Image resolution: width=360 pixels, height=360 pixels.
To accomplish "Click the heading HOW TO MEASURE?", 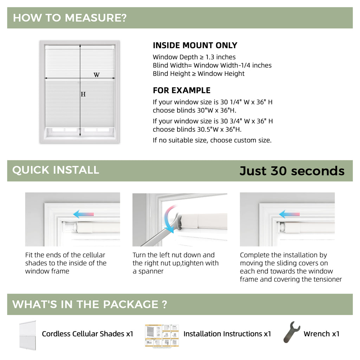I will [x=70, y=18].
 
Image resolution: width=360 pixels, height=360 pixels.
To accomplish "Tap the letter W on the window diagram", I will [x=96, y=75].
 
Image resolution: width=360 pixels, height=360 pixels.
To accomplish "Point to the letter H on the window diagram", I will [x=83, y=94].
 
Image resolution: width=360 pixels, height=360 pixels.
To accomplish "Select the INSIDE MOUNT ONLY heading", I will [x=195, y=45].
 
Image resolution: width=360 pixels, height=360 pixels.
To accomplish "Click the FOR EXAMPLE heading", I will [x=181, y=90].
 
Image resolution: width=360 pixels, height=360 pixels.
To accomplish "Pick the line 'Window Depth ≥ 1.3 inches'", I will [x=194, y=57].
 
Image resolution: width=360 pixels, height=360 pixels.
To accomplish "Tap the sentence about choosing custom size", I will [x=212, y=140].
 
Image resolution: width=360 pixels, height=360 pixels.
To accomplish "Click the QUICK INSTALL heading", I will [x=56, y=170].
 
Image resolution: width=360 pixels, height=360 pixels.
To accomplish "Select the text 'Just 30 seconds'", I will [x=292, y=171].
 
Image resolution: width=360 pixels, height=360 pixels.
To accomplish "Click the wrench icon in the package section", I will [x=291, y=332].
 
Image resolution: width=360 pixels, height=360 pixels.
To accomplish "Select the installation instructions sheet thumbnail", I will [x=162, y=335].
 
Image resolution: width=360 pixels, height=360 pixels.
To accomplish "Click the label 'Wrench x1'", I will [x=321, y=334].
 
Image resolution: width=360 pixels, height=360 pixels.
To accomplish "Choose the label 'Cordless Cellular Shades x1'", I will [x=88, y=334].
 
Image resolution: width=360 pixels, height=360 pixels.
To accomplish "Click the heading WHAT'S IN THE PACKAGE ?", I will [x=90, y=304].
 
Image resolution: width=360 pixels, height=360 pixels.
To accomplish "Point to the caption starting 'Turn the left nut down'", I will [x=175, y=263].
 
